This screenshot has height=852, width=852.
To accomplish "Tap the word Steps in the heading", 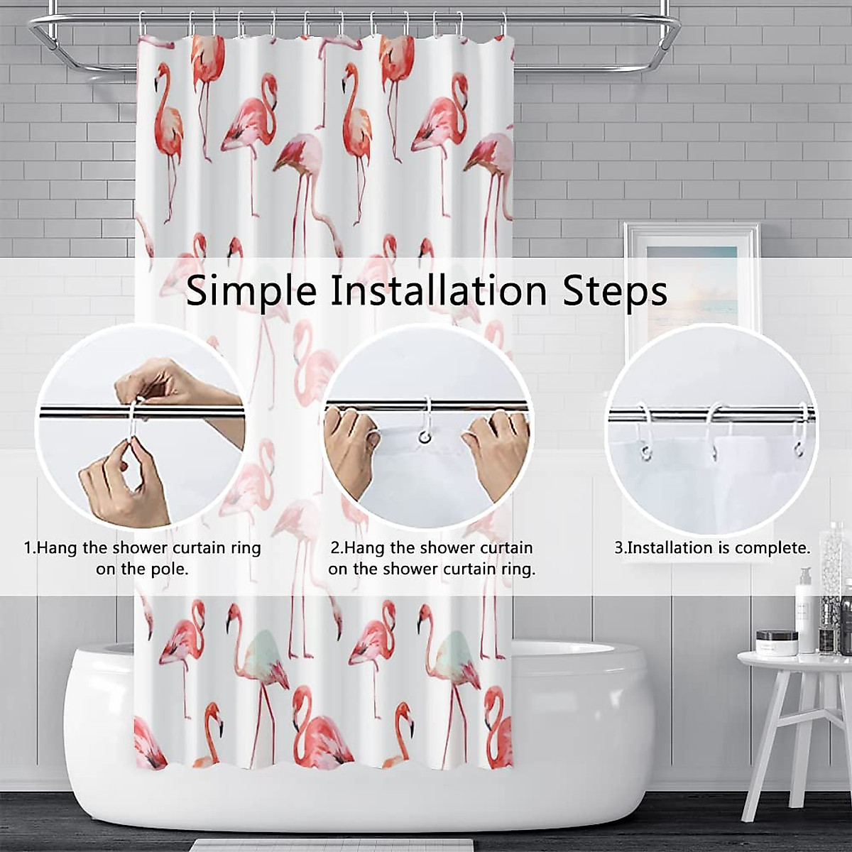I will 615,291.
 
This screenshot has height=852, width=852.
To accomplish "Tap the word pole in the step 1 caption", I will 171,569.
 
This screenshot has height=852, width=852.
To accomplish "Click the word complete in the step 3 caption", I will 772,548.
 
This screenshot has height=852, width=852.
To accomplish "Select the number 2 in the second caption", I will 335,548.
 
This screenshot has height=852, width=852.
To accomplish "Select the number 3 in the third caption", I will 618,548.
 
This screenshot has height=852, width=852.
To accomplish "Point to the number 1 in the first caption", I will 28,548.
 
